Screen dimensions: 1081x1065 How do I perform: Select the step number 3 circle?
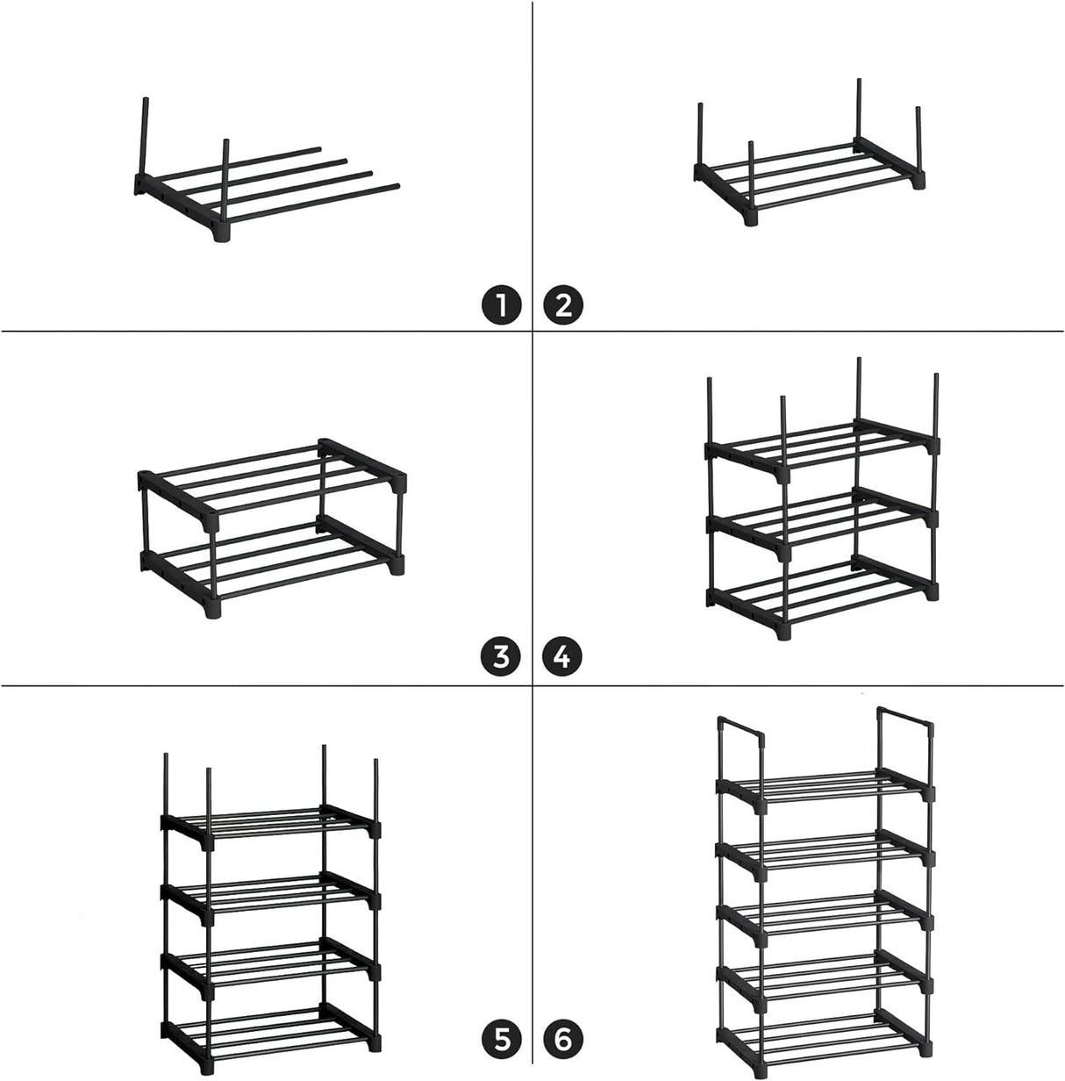pos(501,656)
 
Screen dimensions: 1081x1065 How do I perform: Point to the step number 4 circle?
pos(563,656)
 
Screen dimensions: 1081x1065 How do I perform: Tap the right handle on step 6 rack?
pos(904,719)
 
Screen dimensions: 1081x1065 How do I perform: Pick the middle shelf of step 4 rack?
pos(820,518)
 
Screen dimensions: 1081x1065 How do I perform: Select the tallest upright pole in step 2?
pos(859,110)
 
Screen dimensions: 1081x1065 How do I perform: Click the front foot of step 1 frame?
pos(219,236)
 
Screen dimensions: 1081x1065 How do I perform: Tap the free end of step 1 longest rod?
pos(396,185)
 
